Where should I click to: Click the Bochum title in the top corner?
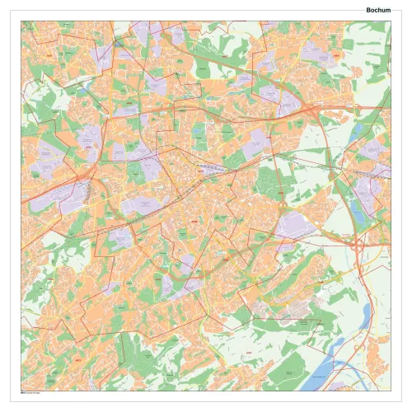(x=378, y=9)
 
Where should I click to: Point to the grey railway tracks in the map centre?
(x=210, y=171)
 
